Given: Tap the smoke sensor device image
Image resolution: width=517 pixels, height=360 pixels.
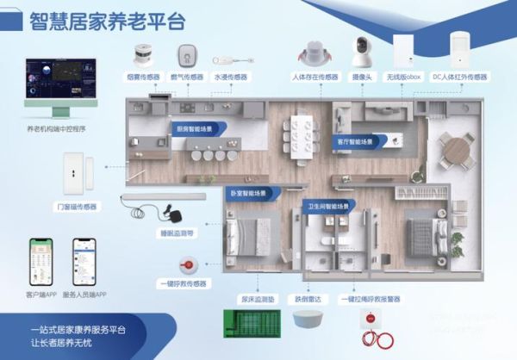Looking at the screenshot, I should (145, 56).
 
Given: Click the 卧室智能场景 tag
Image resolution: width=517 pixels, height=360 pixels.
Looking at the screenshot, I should (252, 193).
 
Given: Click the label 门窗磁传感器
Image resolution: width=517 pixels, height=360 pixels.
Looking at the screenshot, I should (77, 206).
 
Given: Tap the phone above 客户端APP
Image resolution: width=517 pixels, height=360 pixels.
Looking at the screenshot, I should (40, 261).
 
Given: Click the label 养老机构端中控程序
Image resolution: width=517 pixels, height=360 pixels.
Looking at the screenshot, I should (55, 130).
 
